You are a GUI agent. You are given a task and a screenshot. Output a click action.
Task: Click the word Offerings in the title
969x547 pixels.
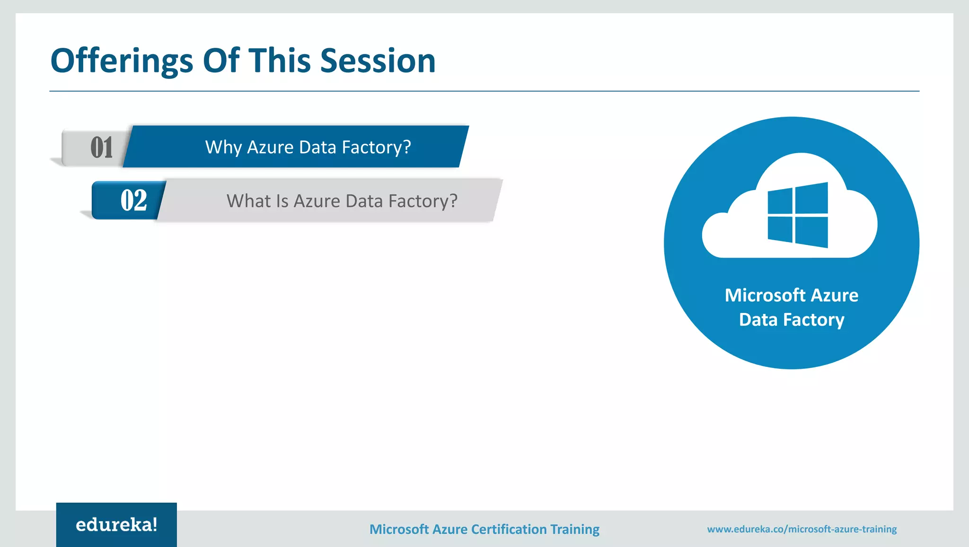click(x=122, y=61)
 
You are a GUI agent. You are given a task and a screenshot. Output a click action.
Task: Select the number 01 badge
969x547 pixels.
click(x=101, y=148)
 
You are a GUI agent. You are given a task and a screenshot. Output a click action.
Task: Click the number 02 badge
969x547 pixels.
click(x=133, y=200)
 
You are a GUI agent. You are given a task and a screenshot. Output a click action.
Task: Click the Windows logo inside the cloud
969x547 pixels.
click(x=798, y=215)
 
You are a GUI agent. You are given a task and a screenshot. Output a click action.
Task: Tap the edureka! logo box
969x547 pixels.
click(x=116, y=525)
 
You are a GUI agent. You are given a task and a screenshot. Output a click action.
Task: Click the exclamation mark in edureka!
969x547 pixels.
click(x=154, y=524)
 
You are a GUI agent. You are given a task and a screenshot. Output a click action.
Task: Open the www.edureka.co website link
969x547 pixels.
click(x=802, y=529)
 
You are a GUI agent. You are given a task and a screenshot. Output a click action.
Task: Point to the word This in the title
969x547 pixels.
click(x=279, y=61)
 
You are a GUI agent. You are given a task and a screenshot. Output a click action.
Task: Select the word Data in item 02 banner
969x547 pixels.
click(x=364, y=201)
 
